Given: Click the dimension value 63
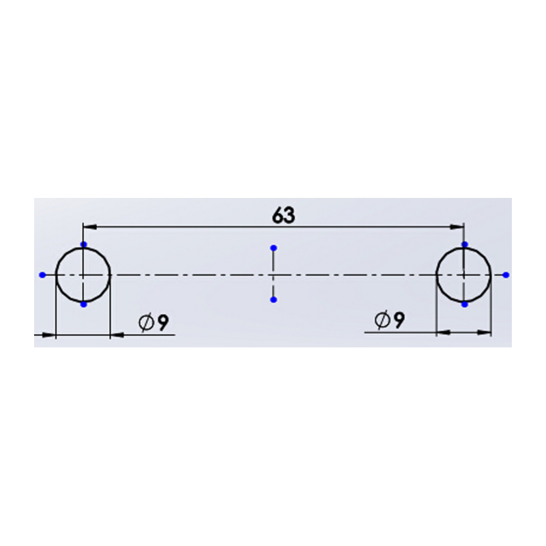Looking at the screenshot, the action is (283, 215).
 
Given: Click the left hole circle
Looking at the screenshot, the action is (83, 275).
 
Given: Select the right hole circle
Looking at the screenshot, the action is (464, 275).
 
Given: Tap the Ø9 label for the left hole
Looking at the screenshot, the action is (154, 322).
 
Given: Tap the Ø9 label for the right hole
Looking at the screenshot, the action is (390, 320).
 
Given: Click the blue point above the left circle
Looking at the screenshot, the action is (83, 244).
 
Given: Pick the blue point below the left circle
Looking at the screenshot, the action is (83, 304).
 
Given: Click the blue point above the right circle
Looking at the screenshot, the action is (465, 244).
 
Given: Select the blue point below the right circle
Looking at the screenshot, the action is (465, 304).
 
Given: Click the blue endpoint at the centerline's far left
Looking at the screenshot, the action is (42, 275).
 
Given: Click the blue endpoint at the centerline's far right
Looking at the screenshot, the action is (506, 275).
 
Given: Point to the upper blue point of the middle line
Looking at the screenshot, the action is (274, 248).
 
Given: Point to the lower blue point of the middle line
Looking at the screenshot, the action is (274, 300).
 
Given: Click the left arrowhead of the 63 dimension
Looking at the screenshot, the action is (89, 227).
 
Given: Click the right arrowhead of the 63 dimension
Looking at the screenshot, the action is (457, 227).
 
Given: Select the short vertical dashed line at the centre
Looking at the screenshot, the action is (274, 274).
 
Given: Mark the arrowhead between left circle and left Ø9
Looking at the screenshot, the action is (117, 335).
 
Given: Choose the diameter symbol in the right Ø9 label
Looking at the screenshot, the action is (382, 320).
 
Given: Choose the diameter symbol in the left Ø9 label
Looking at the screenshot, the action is (146, 322).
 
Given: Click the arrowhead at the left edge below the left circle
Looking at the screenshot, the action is (49, 335).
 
